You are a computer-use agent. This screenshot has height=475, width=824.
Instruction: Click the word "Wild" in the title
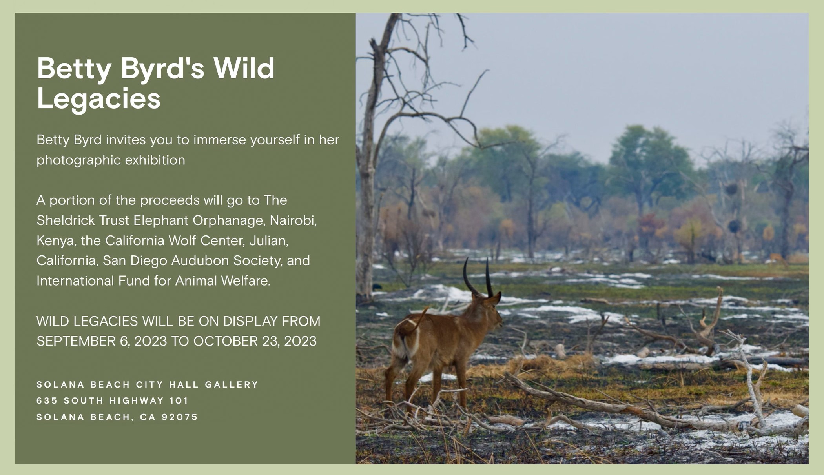[x=244, y=68]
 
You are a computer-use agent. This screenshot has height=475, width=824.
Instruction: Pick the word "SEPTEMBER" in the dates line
[x=76, y=341]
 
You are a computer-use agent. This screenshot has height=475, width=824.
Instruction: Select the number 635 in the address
[x=47, y=400]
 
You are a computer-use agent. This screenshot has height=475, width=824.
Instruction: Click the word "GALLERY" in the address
[x=232, y=384]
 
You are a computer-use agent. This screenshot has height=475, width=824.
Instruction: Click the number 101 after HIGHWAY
[x=179, y=400]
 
